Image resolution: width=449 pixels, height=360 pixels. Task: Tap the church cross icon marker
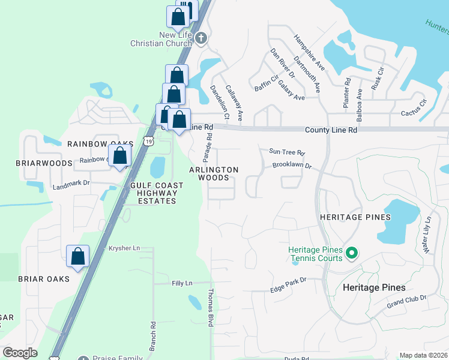[200, 38]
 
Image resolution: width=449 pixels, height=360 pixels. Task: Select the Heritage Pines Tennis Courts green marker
[352, 254]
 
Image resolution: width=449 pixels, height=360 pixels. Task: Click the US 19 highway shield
[148, 140]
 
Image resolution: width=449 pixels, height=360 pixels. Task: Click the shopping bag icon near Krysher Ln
[78, 256]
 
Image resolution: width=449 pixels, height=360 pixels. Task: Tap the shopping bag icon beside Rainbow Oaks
[120, 156]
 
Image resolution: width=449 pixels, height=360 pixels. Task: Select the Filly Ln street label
[181, 283]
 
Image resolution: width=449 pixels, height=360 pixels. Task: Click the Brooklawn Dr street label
[292, 166]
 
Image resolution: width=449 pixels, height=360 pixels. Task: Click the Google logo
[20, 353]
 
